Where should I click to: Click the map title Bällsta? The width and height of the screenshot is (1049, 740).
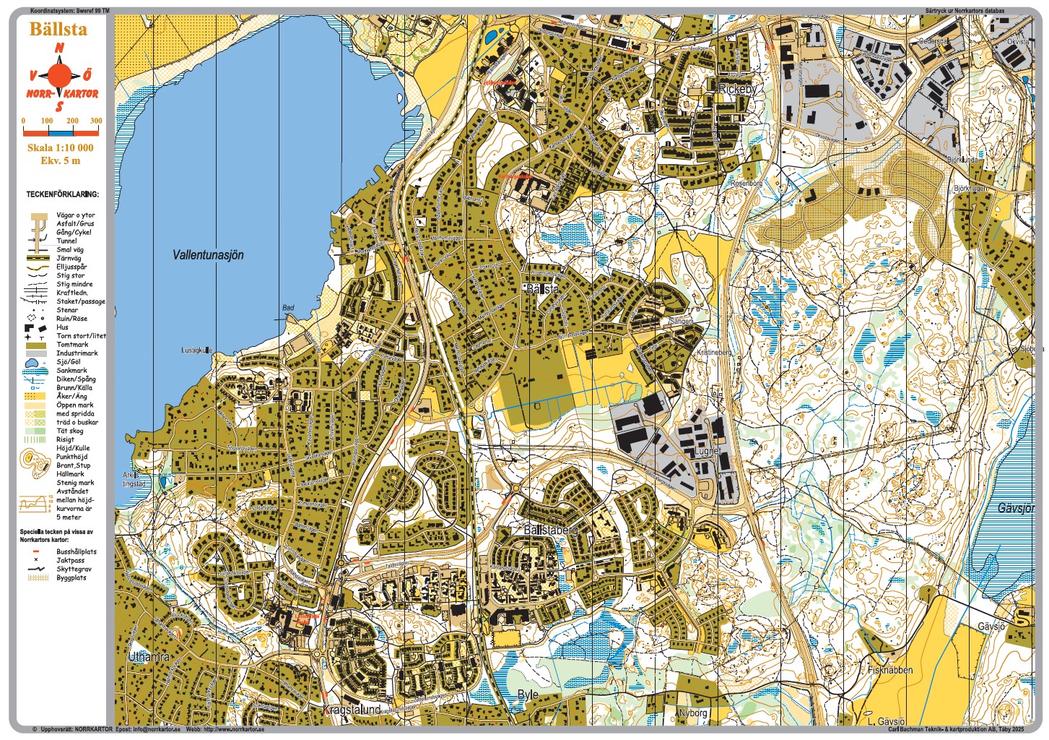pos(58,30)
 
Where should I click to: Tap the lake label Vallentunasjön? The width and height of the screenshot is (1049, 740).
pos(208,255)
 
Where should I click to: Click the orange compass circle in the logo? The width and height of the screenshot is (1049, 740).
pos(61,74)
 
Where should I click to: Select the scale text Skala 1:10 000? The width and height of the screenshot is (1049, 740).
pos(60,147)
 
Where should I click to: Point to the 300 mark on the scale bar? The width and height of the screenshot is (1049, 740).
pos(95,121)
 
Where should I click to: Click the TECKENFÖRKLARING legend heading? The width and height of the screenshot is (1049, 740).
pos(62,194)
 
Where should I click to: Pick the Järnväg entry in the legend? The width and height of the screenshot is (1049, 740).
pos(69,258)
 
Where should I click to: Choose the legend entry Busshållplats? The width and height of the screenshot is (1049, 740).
pos(76,551)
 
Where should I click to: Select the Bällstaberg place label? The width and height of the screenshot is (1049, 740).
pos(551,530)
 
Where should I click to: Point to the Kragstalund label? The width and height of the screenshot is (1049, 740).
pos(352,710)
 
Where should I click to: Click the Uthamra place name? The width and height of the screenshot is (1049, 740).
pos(149,657)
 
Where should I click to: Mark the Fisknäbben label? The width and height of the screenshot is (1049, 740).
pos(890,670)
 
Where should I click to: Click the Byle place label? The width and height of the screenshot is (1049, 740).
pos(528,694)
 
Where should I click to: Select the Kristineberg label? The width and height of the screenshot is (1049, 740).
pos(713,352)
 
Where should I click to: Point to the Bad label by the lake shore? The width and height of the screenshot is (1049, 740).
pos(288,308)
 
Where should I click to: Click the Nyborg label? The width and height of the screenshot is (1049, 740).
pos(693,713)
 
